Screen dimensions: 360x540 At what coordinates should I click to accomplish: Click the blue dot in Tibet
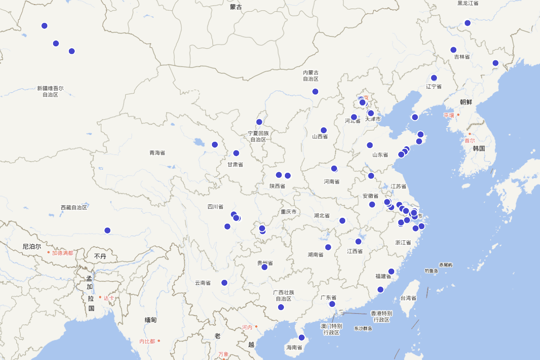(107, 230)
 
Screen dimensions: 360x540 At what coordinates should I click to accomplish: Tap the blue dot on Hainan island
(301, 337)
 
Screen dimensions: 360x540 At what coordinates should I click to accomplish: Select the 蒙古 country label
(236, 7)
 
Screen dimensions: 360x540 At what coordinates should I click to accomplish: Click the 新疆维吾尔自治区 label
(50, 92)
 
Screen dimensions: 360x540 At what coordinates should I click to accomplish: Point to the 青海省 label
(157, 153)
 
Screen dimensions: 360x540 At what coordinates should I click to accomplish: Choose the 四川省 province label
(215, 207)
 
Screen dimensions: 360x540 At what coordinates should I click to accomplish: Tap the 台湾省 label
(408, 298)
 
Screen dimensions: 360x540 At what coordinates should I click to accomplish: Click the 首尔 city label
(470, 140)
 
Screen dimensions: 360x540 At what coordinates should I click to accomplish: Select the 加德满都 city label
(62, 253)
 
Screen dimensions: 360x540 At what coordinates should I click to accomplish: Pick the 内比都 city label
(147, 342)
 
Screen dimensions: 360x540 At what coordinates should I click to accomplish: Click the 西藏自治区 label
(74, 207)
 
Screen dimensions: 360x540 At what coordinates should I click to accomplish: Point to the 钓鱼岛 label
(431, 271)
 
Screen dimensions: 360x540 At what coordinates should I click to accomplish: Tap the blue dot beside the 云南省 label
(224, 283)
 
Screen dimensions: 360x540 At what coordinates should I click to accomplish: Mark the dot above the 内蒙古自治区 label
(315, 91)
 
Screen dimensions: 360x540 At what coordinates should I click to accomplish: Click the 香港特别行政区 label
(381, 316)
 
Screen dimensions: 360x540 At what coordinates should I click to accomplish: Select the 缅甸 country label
(151, 320)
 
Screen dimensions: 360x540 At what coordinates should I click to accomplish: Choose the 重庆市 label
(288, 212)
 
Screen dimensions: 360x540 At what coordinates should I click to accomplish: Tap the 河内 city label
(247, 327)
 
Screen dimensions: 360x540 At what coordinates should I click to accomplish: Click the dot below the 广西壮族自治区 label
(281, 307)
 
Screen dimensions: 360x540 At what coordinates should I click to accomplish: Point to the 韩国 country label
(479, 148)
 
